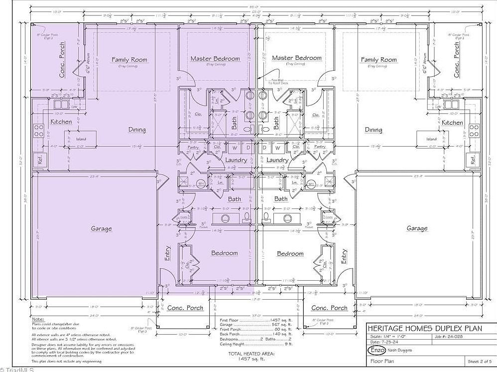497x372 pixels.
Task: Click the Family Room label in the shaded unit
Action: click(x=129, y=60)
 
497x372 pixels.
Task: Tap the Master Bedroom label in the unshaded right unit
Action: click(x=297, y=58)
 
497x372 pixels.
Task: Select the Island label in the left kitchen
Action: click(x=81, y=139)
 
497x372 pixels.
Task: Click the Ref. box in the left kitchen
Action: click(x=37, y=160)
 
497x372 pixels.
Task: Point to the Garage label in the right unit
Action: click(x=417, y=228)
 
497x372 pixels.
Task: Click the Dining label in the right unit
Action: click(x=373, y=130)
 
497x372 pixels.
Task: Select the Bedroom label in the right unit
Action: click(x=290, y=253)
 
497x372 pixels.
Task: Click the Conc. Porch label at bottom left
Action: click(x=185, y=308)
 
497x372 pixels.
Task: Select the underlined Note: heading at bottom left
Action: click(x=37, y=319)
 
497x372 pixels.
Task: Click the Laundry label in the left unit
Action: click(x=236, y=160)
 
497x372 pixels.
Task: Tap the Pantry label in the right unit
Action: click(x=320, y=147)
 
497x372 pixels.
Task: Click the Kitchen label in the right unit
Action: click(x=453, y=123)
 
